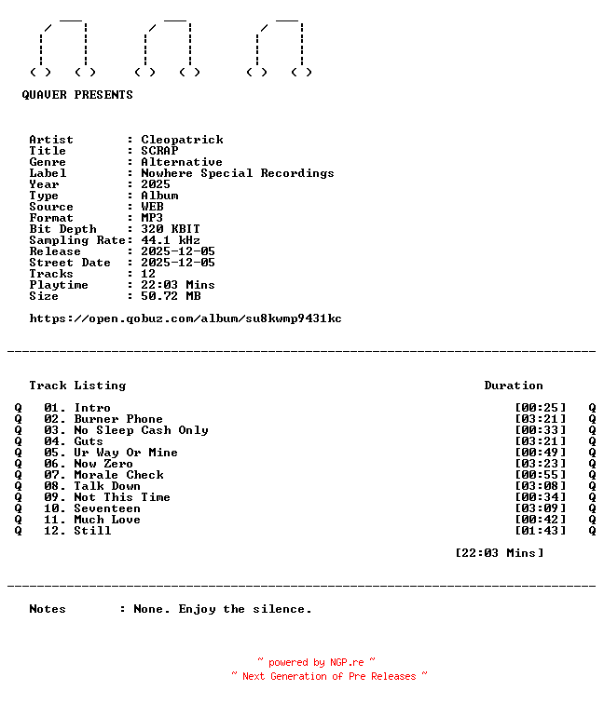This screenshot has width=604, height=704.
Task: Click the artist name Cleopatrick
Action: pyautogui.click(x=182, y=140)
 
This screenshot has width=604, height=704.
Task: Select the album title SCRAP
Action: pyautogui.click(x=159, y=151)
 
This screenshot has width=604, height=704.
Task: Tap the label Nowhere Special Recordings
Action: pyautogui.click(x=237, y=173)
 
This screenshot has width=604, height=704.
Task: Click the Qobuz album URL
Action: pyautogui.click(x=185, y=318)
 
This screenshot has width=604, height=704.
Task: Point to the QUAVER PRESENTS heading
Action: pyautogui.click(x=77, y=95)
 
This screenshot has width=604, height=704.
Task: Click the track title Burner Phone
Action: pyautogui.click(x=118, y=419)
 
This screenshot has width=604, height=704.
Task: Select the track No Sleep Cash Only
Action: pyautogui.click(x=141, y=430)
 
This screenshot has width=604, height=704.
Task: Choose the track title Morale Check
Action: pyautogui.click(x=118, y=475)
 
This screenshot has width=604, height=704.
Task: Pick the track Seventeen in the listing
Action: pyautogui.click(x=107, y=508)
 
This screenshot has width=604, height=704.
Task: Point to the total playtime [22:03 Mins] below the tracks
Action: pyautogui.click(x=499, y=553)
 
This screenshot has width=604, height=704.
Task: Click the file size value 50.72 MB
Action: pyautogui.click(x=171, y=296)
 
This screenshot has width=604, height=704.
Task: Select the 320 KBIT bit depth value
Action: pyautogui.click(x=171, y=229)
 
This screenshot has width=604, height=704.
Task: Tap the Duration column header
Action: pyautogui.click(x=514, y=386)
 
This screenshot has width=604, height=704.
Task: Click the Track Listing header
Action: pyautogui.click(x=77, y=386)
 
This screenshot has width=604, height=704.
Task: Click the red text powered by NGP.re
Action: pyautogui.click(x=316, y=663)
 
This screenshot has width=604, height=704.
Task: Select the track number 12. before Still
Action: pyautogui.click(x=55, y=531)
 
